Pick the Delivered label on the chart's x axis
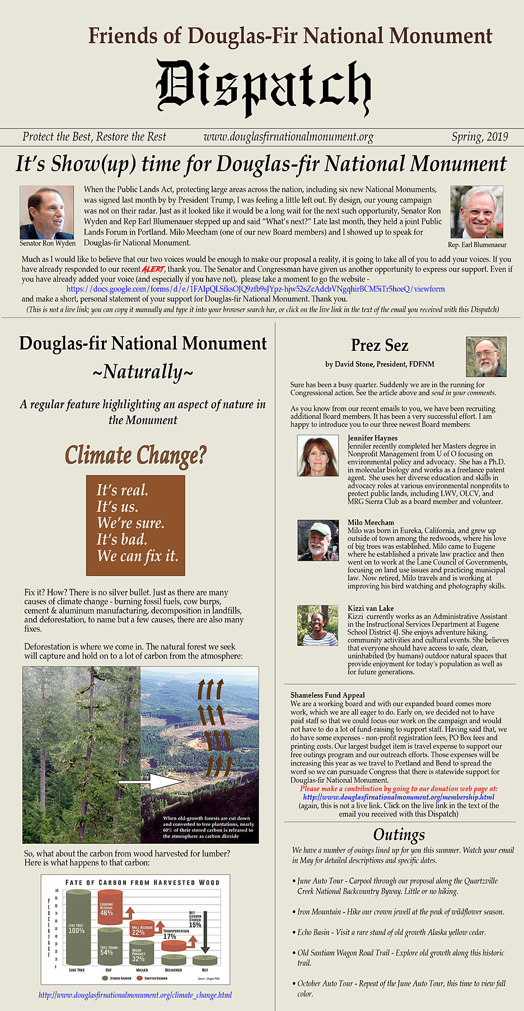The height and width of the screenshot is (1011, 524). (173, 970)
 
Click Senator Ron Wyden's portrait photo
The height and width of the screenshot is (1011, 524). (47, 213)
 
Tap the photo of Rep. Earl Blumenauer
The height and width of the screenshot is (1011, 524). (476, 213)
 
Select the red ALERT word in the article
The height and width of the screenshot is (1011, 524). (153, 270)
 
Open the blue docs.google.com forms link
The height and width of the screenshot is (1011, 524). (255, 289)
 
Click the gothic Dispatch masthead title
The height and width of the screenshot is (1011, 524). (263, 88)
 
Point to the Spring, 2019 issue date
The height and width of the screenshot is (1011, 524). (480, 137)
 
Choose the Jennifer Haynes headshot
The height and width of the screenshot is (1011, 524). (318, 456)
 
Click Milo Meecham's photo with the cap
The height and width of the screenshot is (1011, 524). (318, 540)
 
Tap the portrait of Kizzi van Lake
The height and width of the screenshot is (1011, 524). (318, 626)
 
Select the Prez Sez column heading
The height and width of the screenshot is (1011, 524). (380, 345)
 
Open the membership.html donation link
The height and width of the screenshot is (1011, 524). (399, 797)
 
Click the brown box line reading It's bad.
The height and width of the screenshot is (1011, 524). (121, 539)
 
